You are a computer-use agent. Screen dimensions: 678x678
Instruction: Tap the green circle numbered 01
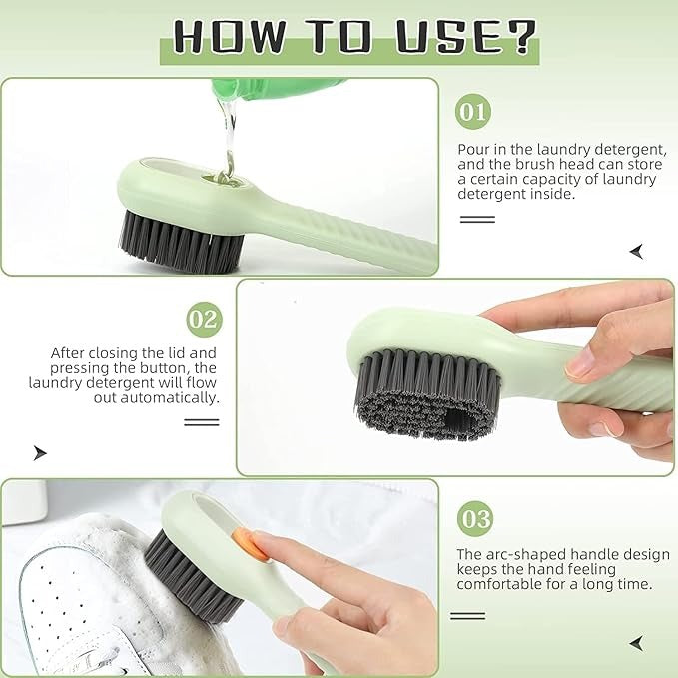(x=473, y=110)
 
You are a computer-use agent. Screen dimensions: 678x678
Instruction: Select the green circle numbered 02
(x=204, y=319)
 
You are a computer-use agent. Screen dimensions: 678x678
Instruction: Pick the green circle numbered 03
(x=475, y=518)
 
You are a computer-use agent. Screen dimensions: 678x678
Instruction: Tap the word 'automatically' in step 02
(x=171, y=397)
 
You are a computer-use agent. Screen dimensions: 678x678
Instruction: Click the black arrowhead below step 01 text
(x=636, y=251)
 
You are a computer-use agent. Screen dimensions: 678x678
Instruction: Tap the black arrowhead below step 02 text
(x=40, y=452)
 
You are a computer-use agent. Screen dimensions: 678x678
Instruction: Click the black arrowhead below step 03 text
(x=636, y=642)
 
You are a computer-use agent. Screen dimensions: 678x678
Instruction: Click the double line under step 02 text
(x=201, y=422)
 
